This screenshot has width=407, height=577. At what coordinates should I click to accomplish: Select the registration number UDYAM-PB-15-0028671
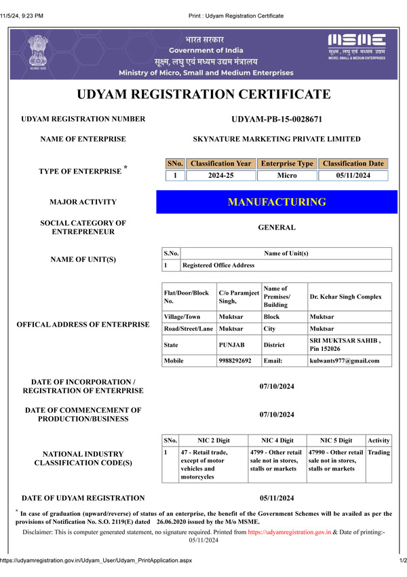(x=277, y=119)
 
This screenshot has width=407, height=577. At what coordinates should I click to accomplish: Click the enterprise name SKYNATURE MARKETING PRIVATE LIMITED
(x=277, y=139)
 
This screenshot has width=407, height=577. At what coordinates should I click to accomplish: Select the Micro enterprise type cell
(x=287, y=176)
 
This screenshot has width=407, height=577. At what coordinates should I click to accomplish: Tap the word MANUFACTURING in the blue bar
(x=277, y=202)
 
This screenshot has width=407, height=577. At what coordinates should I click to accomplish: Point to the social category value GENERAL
(x=277, y=227)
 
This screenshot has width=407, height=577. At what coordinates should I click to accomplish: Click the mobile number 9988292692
(x=235, y=360)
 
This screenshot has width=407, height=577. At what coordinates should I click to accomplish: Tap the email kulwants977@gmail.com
(x=344, y=360)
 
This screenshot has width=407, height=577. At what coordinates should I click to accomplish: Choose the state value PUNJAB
(x=231, y=345)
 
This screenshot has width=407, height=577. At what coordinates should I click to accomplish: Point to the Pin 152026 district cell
(x=345, y=345)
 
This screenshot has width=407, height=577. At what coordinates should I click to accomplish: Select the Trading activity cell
(x=379, y=452)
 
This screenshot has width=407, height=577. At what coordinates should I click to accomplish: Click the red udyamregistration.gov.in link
(x=289, y=532)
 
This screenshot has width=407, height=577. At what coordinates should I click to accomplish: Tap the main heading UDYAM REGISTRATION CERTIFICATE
(x=203, y=94)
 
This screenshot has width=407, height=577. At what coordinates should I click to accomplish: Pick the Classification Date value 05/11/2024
(x=353, y=176)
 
